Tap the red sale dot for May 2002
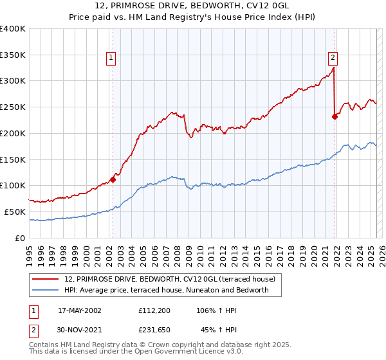tap(113, 179)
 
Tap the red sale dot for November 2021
tap(335, 116)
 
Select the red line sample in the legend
tap(46, 279)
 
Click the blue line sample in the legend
tap(46, 290)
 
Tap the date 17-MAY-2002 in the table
tap(80, 310)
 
